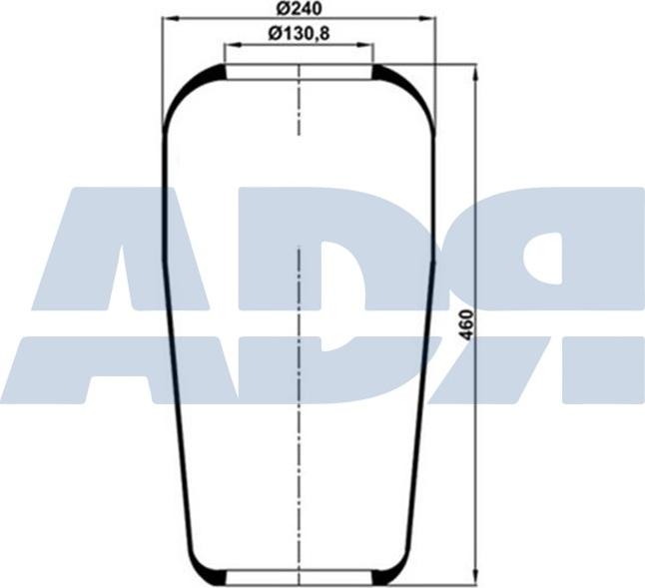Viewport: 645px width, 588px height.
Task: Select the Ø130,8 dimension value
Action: click(x=299, y=34)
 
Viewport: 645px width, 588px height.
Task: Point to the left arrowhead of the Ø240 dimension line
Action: click(x=168, y=18)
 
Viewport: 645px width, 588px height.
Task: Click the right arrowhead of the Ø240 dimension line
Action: click(x=430, y=18)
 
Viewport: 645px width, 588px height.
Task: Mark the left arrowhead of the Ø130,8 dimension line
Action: click(x=230, y=45)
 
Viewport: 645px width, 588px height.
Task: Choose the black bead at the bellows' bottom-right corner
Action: click(x=385, y=575)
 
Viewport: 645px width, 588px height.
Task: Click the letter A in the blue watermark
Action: click(x=120, y=299)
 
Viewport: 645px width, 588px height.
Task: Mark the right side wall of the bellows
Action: click(x=427, y=349)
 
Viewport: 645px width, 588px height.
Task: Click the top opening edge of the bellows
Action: click(x=299, y=65)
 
